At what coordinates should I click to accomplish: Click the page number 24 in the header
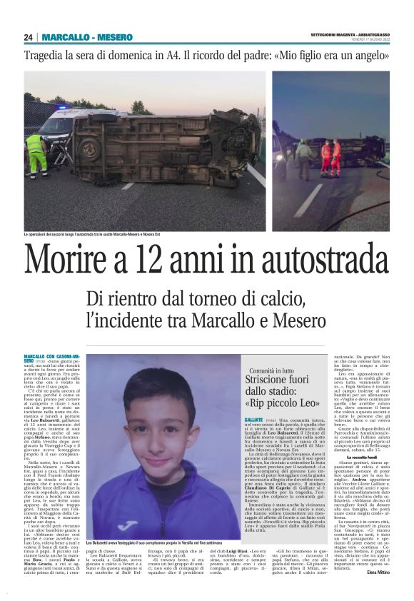[29, 37]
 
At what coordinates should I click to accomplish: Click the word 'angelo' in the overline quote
[373, 55]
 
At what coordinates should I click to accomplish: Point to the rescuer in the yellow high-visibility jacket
[36, 153]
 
